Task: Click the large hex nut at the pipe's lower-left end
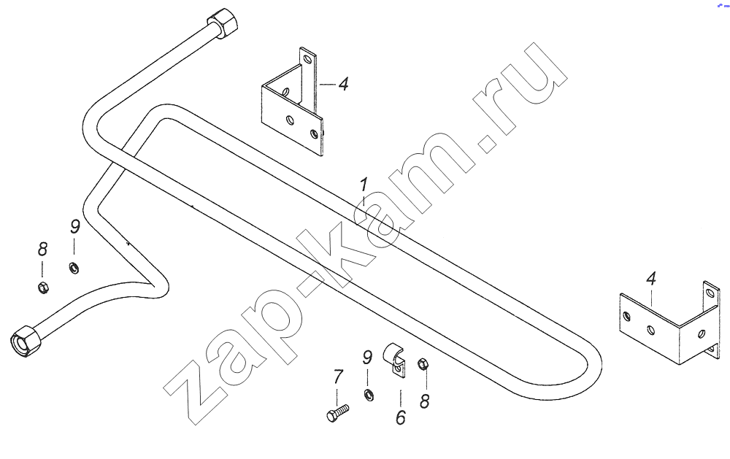(x=25, y=340)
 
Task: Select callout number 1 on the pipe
(x=363, y=185)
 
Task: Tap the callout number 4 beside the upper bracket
(x=343, y=84)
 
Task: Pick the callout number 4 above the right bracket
(x=651, y=279)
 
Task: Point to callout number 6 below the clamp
(x=401, y=417)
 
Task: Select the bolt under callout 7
(x=337, y=413)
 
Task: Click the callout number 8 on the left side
(x=42, y=250)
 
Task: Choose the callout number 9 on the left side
(x=75, y=227)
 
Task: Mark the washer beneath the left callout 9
(x=74, y=268)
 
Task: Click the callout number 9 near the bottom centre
(x=367, y=358)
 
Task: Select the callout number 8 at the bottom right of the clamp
(x=424, y=401)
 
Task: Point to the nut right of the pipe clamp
(x=423, y=363)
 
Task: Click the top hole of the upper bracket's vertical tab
(x=307, y=60)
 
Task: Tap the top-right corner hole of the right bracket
(x=710, y=293)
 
